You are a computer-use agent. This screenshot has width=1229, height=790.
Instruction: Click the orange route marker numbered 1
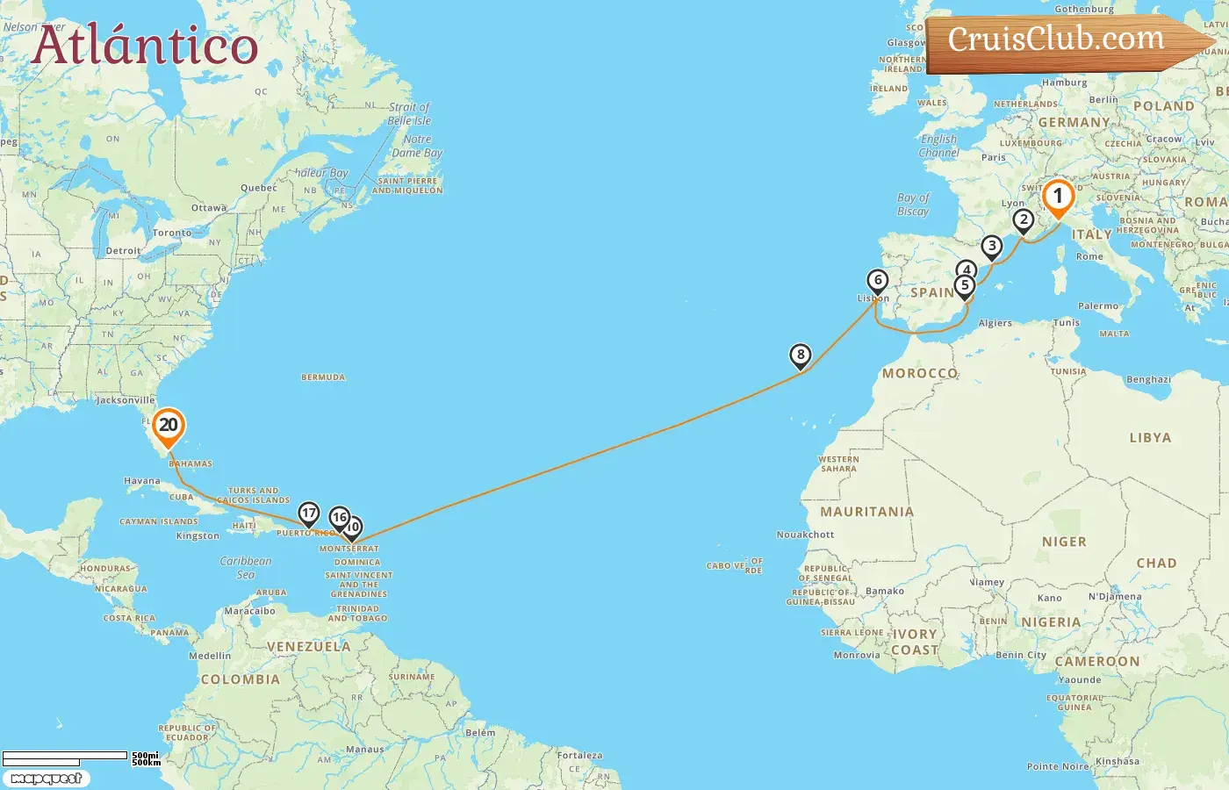tap(1058, 197)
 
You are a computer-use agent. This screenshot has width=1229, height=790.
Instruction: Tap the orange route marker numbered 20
tap(168, 426)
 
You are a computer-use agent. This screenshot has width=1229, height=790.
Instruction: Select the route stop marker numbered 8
tap(800, 355)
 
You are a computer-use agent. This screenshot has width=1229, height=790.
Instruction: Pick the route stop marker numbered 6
tap(877, 281)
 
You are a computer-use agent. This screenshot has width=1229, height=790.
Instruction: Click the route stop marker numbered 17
tap(308, 513)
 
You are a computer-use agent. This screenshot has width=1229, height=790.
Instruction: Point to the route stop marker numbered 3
tap(991, 247)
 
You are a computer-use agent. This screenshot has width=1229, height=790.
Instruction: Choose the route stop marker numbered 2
tap(1023, 220)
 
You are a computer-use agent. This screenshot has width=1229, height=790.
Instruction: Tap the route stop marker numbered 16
tap(339, 517)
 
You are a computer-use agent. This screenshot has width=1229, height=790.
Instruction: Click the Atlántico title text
tap(145, 46)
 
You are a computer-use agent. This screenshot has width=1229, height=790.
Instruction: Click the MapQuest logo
tap(47, 779)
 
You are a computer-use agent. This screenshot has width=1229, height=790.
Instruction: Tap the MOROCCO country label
tap(919, 373)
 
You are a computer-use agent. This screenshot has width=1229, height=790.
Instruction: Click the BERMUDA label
tap(323, 377)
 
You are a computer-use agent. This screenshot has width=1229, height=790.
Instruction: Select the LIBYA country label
tap(1150, 437)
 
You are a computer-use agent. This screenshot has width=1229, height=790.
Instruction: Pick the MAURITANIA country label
tap(866, 512)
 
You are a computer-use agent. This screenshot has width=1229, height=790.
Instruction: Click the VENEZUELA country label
tap(308, 647)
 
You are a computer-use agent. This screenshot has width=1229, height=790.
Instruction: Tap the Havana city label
tap(142, 481)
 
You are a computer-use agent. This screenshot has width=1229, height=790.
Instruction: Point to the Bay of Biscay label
tap(913, 205)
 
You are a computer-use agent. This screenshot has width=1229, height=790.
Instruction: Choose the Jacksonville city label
tap(126, 400)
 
